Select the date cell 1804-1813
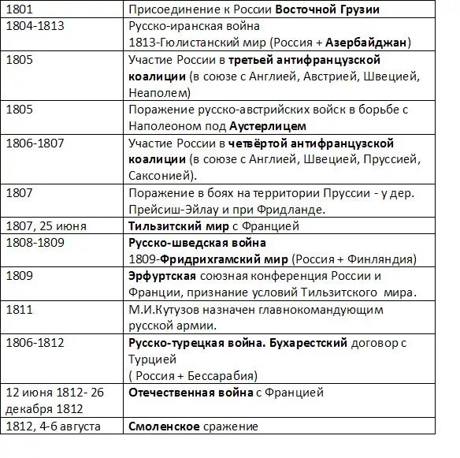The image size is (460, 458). coord(35,26)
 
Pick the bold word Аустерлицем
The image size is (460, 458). coord(268,125)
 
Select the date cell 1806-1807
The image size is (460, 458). coord(35,143)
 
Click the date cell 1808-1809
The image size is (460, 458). coord(35,242)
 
